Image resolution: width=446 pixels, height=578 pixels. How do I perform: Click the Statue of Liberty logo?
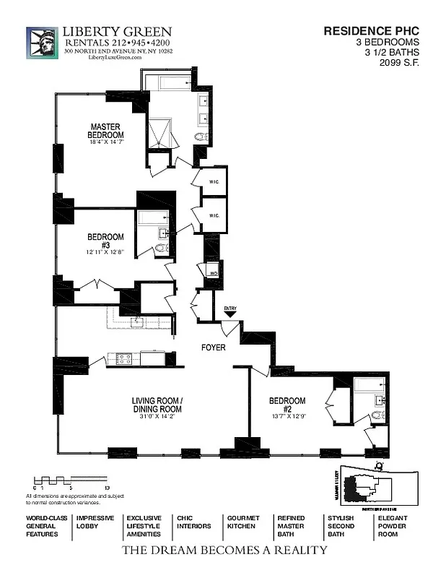[x=42, y=43]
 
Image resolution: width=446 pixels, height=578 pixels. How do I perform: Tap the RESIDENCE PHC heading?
[x=370, y=31]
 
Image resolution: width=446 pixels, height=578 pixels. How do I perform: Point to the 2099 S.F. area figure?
[x=398, y=62]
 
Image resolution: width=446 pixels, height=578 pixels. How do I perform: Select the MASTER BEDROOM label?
[x=105, y=131]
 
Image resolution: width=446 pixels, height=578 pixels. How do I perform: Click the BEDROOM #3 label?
[x=105, y=241]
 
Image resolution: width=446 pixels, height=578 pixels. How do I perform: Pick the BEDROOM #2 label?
[x=287, y=405]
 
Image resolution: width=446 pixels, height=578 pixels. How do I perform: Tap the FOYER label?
[x=214, y=348]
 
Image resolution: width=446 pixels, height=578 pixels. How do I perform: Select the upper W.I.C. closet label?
[x=214, y=182]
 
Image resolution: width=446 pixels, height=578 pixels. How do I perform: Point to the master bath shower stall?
[x=160, y=134]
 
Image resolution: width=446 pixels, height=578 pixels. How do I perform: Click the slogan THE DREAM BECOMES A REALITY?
[x=224, y=551]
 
